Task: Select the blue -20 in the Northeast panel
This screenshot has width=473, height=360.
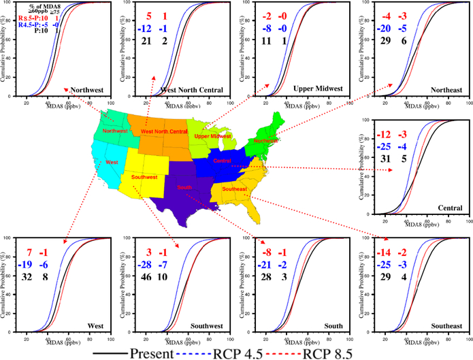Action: point(392,29)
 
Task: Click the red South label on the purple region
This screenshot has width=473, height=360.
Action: point(184,185)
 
